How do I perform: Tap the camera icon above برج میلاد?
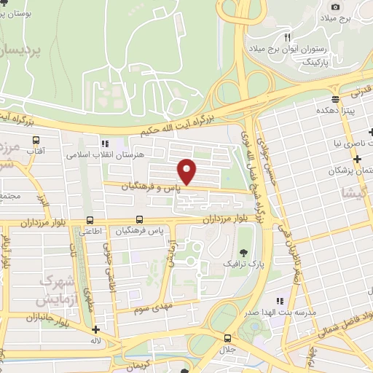tap(336, 7)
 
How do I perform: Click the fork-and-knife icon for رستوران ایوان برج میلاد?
tap(288, 37)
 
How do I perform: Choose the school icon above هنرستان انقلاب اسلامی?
tap(105, 144)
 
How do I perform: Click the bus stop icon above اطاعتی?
tap(90, 220)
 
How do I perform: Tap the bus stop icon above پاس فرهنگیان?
tap(139, 220)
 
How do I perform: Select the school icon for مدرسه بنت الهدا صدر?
tap(279, 300)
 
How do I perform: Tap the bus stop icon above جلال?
tap(228, 338)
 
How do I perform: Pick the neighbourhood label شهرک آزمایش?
tap(56, 290)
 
